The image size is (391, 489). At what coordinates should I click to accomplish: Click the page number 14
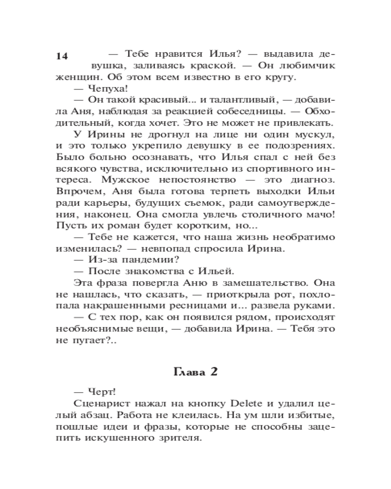coord(62,56)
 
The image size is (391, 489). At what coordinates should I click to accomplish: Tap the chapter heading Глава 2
coord(195,372)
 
